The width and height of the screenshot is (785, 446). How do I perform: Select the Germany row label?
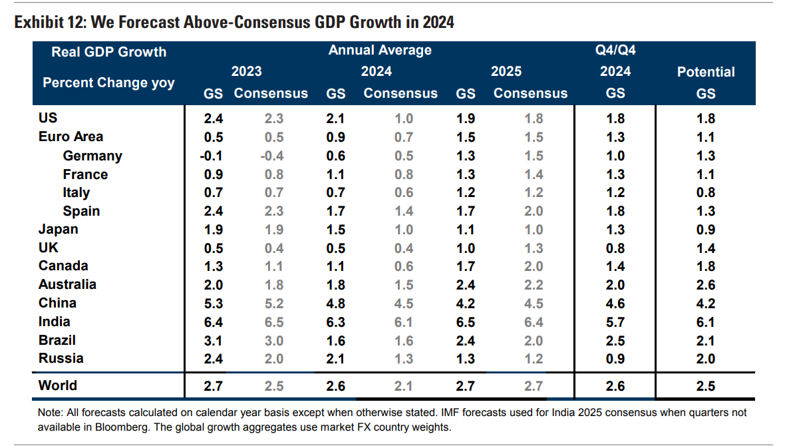(x=92, y=156)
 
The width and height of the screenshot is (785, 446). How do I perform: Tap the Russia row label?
(x=61, y=358)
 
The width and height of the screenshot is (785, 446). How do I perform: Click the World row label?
(x=58, y=385)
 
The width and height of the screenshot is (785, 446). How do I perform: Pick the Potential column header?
(x=706, y=72)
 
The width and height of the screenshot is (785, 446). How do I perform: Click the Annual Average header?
(x=380, y=51)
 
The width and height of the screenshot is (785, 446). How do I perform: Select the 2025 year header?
(x=506, y=71)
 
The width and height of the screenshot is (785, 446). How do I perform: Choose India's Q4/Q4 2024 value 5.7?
(x=616, y=322)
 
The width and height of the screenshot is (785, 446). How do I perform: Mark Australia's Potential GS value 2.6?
(x=706, y=285)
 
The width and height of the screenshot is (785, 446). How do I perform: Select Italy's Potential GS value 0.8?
(x=706, y=192)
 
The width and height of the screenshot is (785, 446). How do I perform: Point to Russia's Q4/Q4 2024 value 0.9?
(x=616, y=359)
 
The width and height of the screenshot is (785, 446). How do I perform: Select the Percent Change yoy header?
(x=108, y=83)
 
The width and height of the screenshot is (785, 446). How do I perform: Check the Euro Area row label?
(x=71, y=137)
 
